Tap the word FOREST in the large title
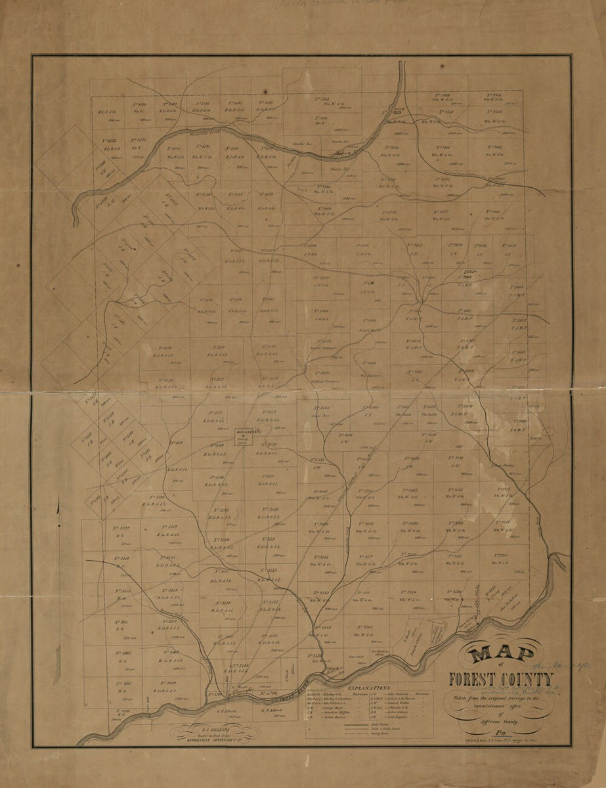(473, 680)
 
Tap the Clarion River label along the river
(289, 689)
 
